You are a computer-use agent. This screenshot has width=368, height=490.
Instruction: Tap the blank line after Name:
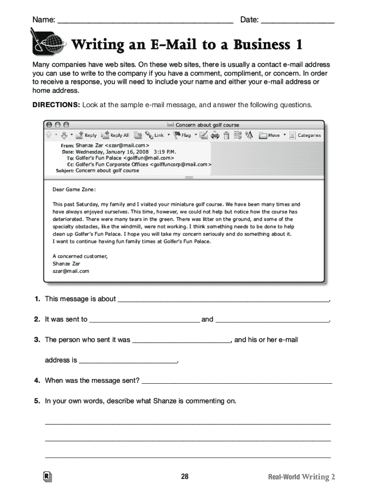coord(145,21)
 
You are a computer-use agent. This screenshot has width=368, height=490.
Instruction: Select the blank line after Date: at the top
coord(297,21)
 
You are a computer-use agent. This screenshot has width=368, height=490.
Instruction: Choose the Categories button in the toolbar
coord(309,135)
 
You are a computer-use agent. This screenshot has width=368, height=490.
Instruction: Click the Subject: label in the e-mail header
coord(65,170)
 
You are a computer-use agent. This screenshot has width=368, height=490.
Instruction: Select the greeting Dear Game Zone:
coord(74,189)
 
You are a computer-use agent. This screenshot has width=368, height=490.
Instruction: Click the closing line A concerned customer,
coord(80,256)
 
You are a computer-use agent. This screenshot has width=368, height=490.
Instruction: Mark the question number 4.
coord(37,381)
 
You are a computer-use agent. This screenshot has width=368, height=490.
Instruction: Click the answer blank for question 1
coord(223,300)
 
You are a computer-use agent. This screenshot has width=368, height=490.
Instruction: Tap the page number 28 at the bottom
coord(185,477)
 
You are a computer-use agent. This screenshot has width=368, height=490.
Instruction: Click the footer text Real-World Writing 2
coord(302,477)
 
